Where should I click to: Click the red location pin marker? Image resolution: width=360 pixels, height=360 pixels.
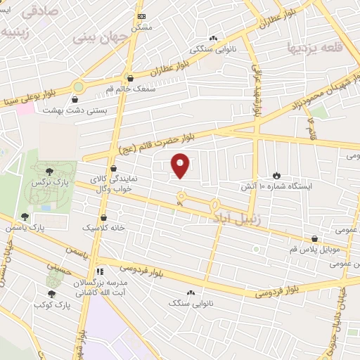coord(181,165)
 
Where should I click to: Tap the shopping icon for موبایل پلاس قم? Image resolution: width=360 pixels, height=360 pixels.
coord(314,239)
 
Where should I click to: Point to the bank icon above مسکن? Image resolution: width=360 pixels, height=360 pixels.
coord(142,15)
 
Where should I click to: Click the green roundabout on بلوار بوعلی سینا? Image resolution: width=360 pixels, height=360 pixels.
coord(77,88)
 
